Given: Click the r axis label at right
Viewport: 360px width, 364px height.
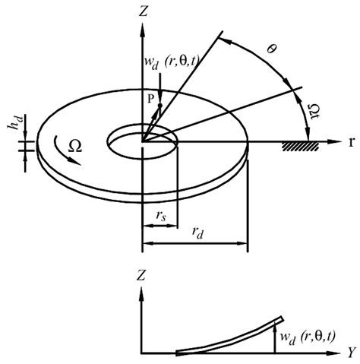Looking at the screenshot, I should point(353,141).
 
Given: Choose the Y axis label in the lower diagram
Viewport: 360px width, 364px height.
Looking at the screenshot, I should point(352,353).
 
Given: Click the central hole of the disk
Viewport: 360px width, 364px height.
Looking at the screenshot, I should point(142,139).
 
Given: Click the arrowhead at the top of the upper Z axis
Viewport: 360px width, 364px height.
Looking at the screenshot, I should point(142,28).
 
